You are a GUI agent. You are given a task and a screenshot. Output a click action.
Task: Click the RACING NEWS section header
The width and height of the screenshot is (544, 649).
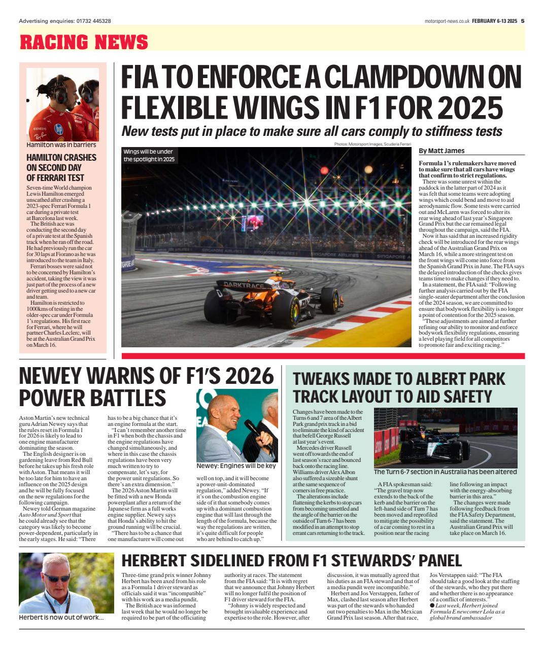(x=84, y=42)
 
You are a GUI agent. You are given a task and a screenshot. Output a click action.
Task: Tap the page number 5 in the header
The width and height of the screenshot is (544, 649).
(x=522, y=21)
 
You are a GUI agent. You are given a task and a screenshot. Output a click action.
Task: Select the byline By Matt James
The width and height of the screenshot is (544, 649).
(x=441, y=151)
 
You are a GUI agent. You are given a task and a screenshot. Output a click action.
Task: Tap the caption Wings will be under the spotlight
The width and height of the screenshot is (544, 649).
(x=149, y=156)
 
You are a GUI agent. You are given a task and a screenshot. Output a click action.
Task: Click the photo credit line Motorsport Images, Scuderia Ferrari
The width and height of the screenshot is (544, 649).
(x=373, y=145)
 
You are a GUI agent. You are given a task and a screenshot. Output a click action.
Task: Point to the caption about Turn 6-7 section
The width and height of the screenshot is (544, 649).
(x=445, y=472)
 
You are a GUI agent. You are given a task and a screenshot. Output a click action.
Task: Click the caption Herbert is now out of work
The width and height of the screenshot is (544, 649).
(x=61, y=618)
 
